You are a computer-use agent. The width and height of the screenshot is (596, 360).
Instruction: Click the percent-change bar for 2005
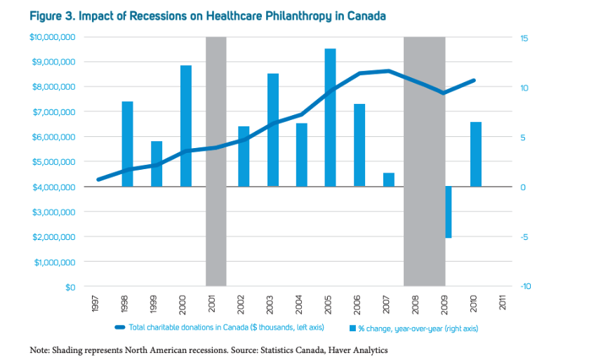[330, 117]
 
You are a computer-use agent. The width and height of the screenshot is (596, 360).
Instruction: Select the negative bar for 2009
[447, 212]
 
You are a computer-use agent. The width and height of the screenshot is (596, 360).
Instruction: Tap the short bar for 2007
[388, 180]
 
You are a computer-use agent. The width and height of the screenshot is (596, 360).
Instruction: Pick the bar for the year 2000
[185, 126]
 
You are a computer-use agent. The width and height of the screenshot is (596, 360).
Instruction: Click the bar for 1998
[127, 144]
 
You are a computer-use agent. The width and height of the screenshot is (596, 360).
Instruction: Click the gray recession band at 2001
[216, 161]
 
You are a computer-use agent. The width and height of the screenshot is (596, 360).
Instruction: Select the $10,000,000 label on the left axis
[53, 37]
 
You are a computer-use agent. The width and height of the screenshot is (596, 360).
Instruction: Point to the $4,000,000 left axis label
[55, 187]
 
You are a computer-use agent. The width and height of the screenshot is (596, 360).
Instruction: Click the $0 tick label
[70, 287]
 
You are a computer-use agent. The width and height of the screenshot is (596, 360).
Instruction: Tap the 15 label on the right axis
[524, 37]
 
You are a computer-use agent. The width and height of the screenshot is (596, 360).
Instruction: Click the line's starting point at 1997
[98, 180]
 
